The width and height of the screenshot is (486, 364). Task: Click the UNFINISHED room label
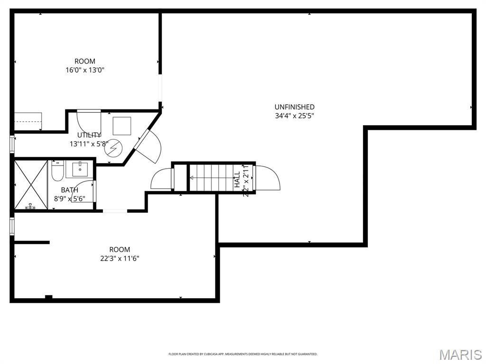point(294,107)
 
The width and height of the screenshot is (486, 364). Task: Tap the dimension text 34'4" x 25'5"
point(294,116)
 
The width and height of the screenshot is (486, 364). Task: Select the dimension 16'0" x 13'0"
point(85,70)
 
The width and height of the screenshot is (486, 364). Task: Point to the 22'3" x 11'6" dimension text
point(119,258)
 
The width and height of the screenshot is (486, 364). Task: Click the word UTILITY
point(89,135)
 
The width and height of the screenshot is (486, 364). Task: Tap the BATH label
point(69,190)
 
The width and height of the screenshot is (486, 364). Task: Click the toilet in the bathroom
point(57,171)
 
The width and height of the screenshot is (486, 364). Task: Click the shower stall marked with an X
point(31,185)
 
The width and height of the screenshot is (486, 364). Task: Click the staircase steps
point(214,178)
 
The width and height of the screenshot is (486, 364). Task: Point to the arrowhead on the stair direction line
point(192,178)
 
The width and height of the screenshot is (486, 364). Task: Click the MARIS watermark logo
point(460,355)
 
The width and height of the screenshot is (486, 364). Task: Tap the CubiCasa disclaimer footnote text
point(243,354)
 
